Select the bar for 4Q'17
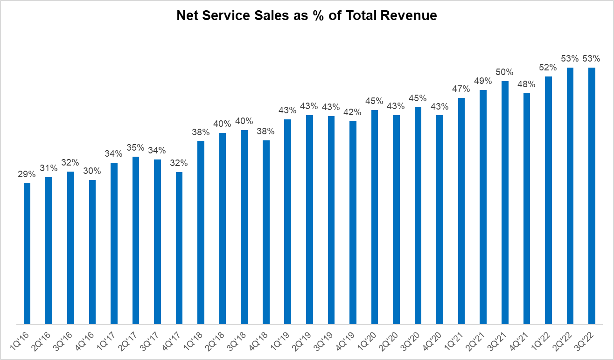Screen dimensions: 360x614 [179, 248]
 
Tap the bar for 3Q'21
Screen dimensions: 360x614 [505, 202]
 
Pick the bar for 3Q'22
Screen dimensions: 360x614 [592, 195]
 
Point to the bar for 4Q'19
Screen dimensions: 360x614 [353, 222]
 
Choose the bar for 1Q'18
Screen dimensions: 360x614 [201, 232]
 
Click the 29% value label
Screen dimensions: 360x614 [27, 174]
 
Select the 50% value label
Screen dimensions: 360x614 [505, 72]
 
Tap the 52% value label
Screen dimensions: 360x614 [548, 68]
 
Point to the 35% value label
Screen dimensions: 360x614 [135, 148]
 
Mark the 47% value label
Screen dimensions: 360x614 [461, 89]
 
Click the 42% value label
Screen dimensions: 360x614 [353, 112]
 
